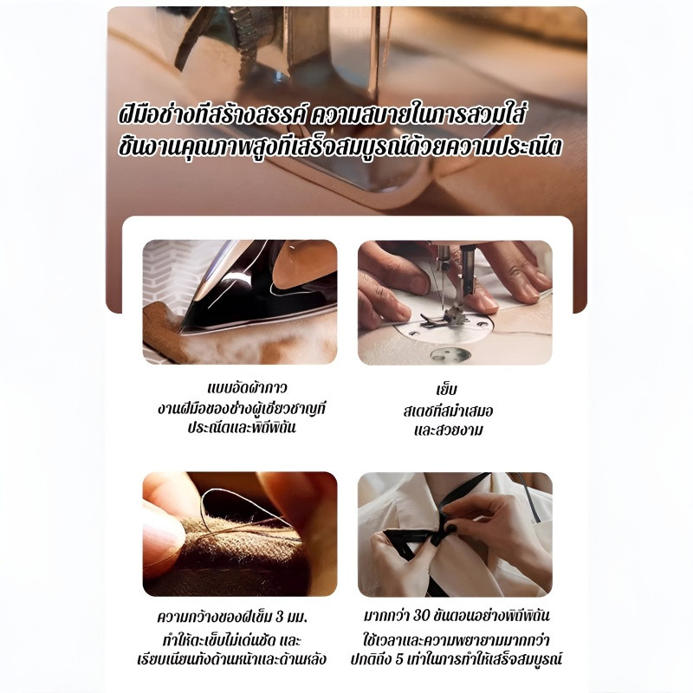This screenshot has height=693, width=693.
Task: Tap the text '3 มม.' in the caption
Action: [x=291, y=617]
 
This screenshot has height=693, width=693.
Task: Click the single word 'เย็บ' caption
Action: [x=446, y=389]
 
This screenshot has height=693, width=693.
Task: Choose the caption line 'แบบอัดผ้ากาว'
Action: [x=247, y=388]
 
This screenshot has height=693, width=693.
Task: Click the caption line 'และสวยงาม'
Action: [x=449, y=430]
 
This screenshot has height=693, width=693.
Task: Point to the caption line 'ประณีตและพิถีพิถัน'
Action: [x=242, y=427]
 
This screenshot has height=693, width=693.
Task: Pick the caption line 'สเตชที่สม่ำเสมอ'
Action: [x=448, y=411]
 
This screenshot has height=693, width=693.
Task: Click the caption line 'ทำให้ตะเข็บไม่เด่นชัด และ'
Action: [x=231, y=640]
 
